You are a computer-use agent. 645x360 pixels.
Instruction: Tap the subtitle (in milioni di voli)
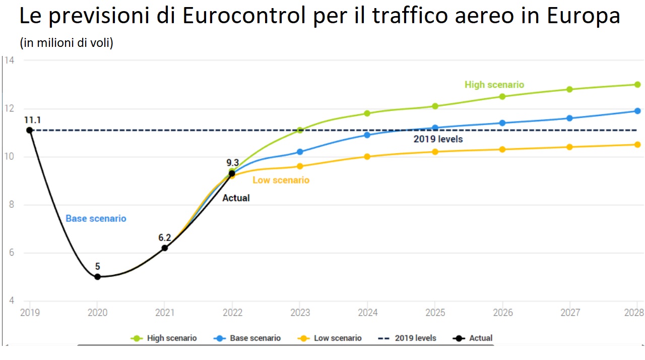click(x=67, y=43)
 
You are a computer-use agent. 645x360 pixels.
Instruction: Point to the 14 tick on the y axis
click(x=10, y=61)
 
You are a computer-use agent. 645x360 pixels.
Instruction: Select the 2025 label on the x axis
click(x=435, y=313)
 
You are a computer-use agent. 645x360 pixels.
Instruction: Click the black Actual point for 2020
click(x=97, y=277)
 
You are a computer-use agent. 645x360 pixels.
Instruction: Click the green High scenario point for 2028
click(x=637, y=84)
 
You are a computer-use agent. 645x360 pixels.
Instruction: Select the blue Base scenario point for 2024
click(x=367, y=135)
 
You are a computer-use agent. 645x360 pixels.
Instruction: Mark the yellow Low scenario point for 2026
click(x=502, y=149)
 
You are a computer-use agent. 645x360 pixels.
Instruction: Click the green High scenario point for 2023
click(x=300, y=130)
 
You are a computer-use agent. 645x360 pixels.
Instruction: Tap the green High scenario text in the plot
click(x=494, y=85)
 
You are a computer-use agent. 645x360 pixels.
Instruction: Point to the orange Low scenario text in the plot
click(x=281, y=180)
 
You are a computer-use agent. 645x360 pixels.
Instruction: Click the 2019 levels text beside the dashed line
click(x=438, y=139)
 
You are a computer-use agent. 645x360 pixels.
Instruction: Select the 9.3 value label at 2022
click(x=232, y=162)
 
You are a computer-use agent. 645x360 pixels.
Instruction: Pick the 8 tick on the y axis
click(x=11, y=205)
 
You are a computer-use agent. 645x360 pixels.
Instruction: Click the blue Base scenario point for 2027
click(x=570, y=118)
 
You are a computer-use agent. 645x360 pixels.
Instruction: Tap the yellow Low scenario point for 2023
click(x=300, y=166)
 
